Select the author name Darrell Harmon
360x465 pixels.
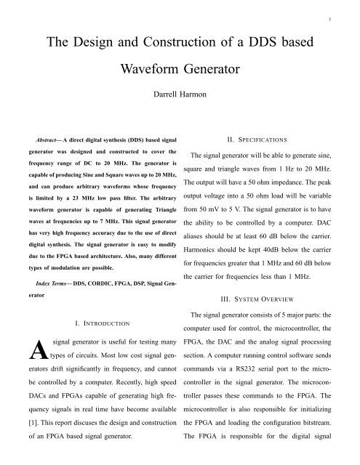pos(180,94)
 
